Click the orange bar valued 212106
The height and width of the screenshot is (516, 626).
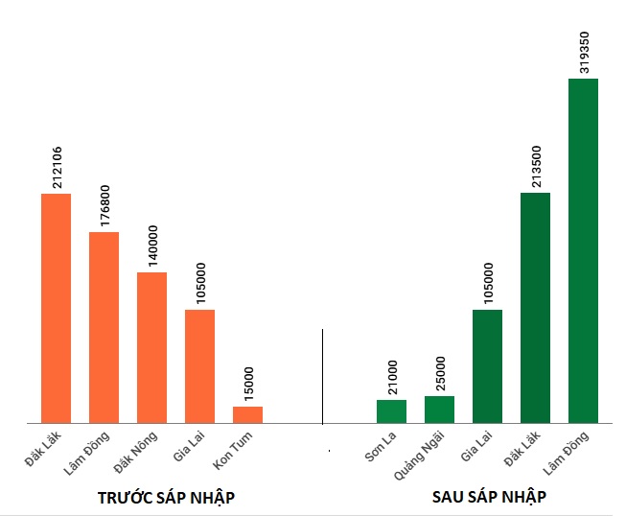(x=56, y=308)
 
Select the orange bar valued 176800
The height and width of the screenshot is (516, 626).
(x=104, y=327)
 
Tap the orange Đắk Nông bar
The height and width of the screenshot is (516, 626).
(x=151, y=347)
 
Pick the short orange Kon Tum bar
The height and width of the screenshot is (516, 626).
(x=247, y=414)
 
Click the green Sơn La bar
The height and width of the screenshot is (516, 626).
(x=391, y=410)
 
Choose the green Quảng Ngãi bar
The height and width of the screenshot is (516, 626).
(x=439, y=409)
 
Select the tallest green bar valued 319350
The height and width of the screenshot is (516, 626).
(x=583, y=250)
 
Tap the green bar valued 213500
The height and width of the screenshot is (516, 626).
(x=535, y=308)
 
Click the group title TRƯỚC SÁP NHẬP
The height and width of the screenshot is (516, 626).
(x=167, y=498)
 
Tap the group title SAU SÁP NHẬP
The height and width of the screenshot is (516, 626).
(x=489, y=498)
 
